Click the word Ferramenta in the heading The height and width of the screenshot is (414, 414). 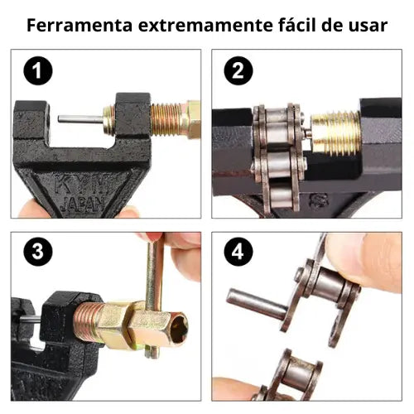pyautogui.click(x=79, y=25)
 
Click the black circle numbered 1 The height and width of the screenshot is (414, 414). pyautogui.click(x=38, y=70)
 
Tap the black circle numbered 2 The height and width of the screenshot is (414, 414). pyautogui.click(x=238, y=70)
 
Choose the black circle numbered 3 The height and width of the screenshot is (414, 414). pyautogui.click(x=38, y=252)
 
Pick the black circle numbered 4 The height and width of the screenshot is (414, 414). pyautogui.click(x=238, y=252)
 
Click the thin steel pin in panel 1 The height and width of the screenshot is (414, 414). pyautogui.click(x=80, y=119)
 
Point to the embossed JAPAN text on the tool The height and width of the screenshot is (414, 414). pyautogui.click(x=83, y=204)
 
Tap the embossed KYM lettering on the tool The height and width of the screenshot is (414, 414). pyautogui.click(x=80, y=185)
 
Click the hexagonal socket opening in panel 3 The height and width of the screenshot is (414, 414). pyautogui.click(x=179, y=328)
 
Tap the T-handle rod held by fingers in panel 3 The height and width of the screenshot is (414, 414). pyautogui.click(x=153, y=296)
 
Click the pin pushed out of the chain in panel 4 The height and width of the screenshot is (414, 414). pyautogui.click(x=257, y=304)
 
